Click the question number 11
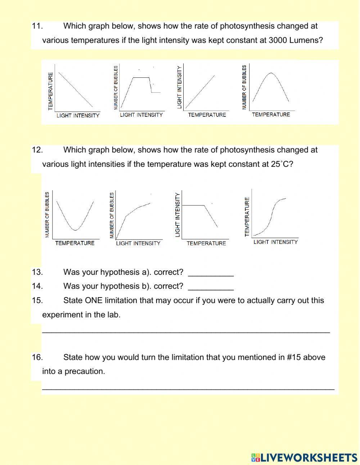pos(37,26)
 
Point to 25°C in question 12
pos(279,164)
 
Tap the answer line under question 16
pos(188,388)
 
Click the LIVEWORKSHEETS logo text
pos(308,457)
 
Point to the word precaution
pos(85,371)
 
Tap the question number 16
pos(37,357)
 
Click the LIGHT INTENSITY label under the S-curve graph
pos(275,242)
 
